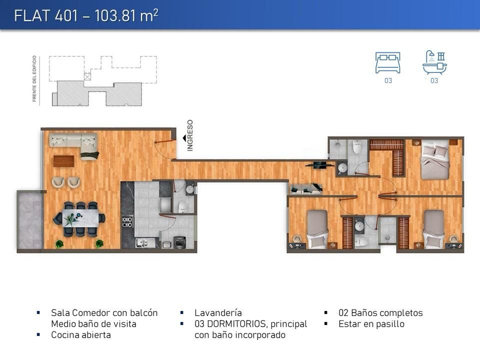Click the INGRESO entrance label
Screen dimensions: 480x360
(190, 135)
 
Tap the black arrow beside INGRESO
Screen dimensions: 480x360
(184, 138)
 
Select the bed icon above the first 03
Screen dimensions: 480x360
(388, 63)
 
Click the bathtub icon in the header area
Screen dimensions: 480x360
(434, 63)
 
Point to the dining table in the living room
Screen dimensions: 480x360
(80, 218)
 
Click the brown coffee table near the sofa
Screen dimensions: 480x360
(63, 161)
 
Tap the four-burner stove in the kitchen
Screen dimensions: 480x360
(127, 221)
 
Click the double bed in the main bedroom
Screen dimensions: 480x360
(435, 159)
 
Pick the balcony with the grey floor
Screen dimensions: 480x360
(29, 220)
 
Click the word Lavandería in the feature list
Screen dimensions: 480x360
(218, 313)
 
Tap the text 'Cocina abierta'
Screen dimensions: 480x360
(81, 335)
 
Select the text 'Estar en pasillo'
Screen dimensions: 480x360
(371, 324)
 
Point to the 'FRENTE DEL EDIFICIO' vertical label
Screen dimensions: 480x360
(34, 78)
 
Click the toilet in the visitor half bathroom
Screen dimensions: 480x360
(182, 206)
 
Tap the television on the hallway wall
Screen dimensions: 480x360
(320, 165)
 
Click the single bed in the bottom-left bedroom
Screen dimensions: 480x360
(317, 228)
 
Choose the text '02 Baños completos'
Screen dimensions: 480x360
(380, 313)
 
